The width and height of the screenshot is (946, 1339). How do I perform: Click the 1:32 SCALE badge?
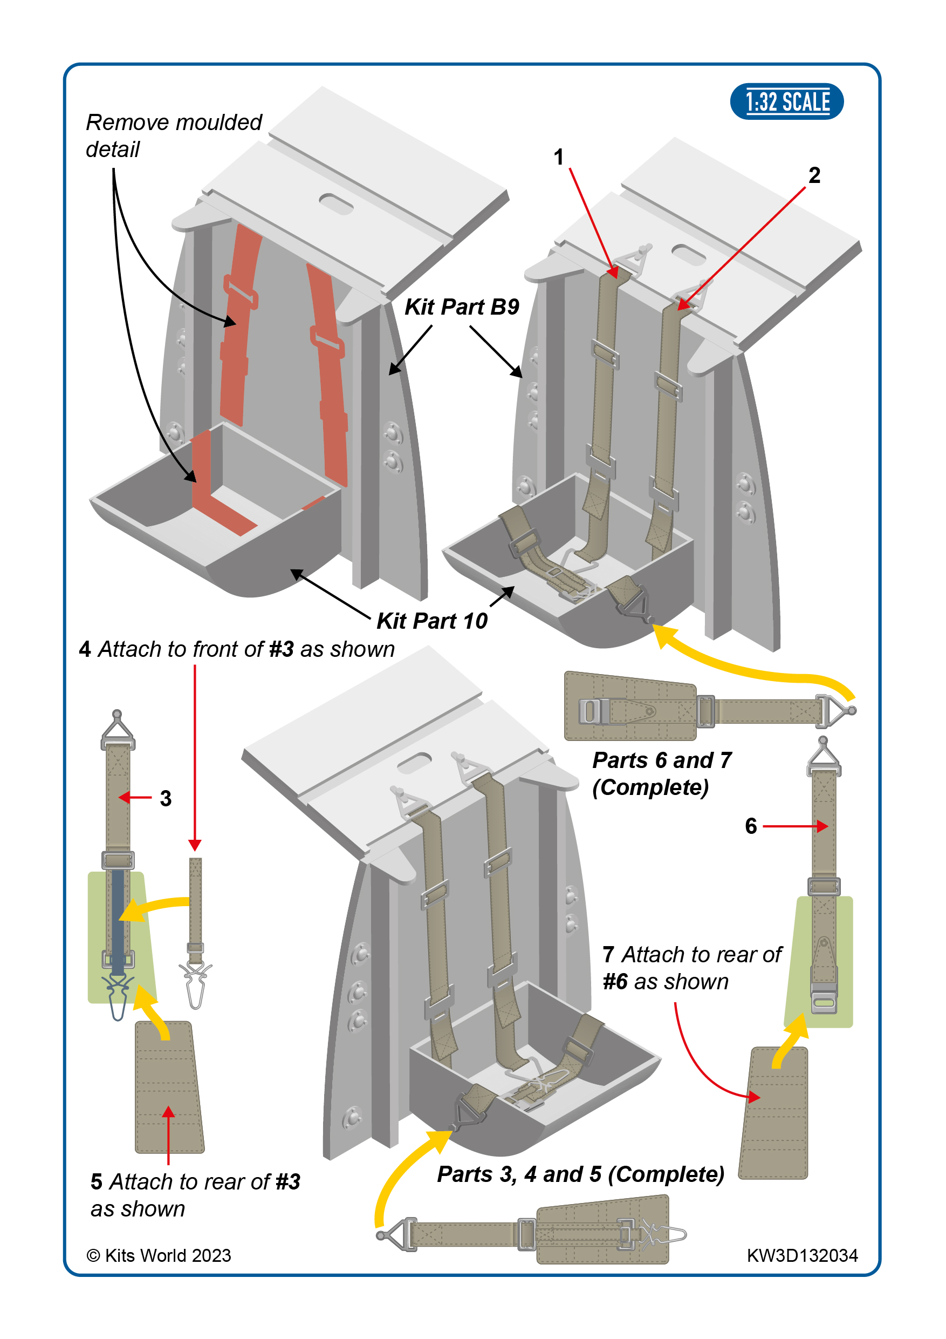tap(786, 101)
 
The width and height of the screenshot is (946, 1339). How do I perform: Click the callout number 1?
tap(558, 157)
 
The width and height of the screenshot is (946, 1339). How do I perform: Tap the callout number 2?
tap(814, 175)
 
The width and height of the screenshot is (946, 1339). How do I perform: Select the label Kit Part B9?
tap(462, 307)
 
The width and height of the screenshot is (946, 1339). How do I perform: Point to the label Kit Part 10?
tap(432, 621)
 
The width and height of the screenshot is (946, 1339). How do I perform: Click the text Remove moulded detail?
tap(173, 135)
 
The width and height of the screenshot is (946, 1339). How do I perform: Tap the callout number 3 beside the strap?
tap(166, 798)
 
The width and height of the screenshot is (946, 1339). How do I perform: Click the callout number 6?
tap(751, 826)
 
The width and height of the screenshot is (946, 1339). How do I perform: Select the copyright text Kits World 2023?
tap(159, 1255)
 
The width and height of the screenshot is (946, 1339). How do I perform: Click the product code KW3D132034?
tap(802, 1255)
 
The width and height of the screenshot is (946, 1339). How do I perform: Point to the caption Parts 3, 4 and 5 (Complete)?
tap(580, 1174)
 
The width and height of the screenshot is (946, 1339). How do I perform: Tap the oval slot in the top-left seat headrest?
tap(337, 204)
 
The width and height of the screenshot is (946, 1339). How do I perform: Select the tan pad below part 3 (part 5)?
tap(169, 1087)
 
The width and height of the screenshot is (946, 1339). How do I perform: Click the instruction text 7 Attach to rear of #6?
tap(691, 968)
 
